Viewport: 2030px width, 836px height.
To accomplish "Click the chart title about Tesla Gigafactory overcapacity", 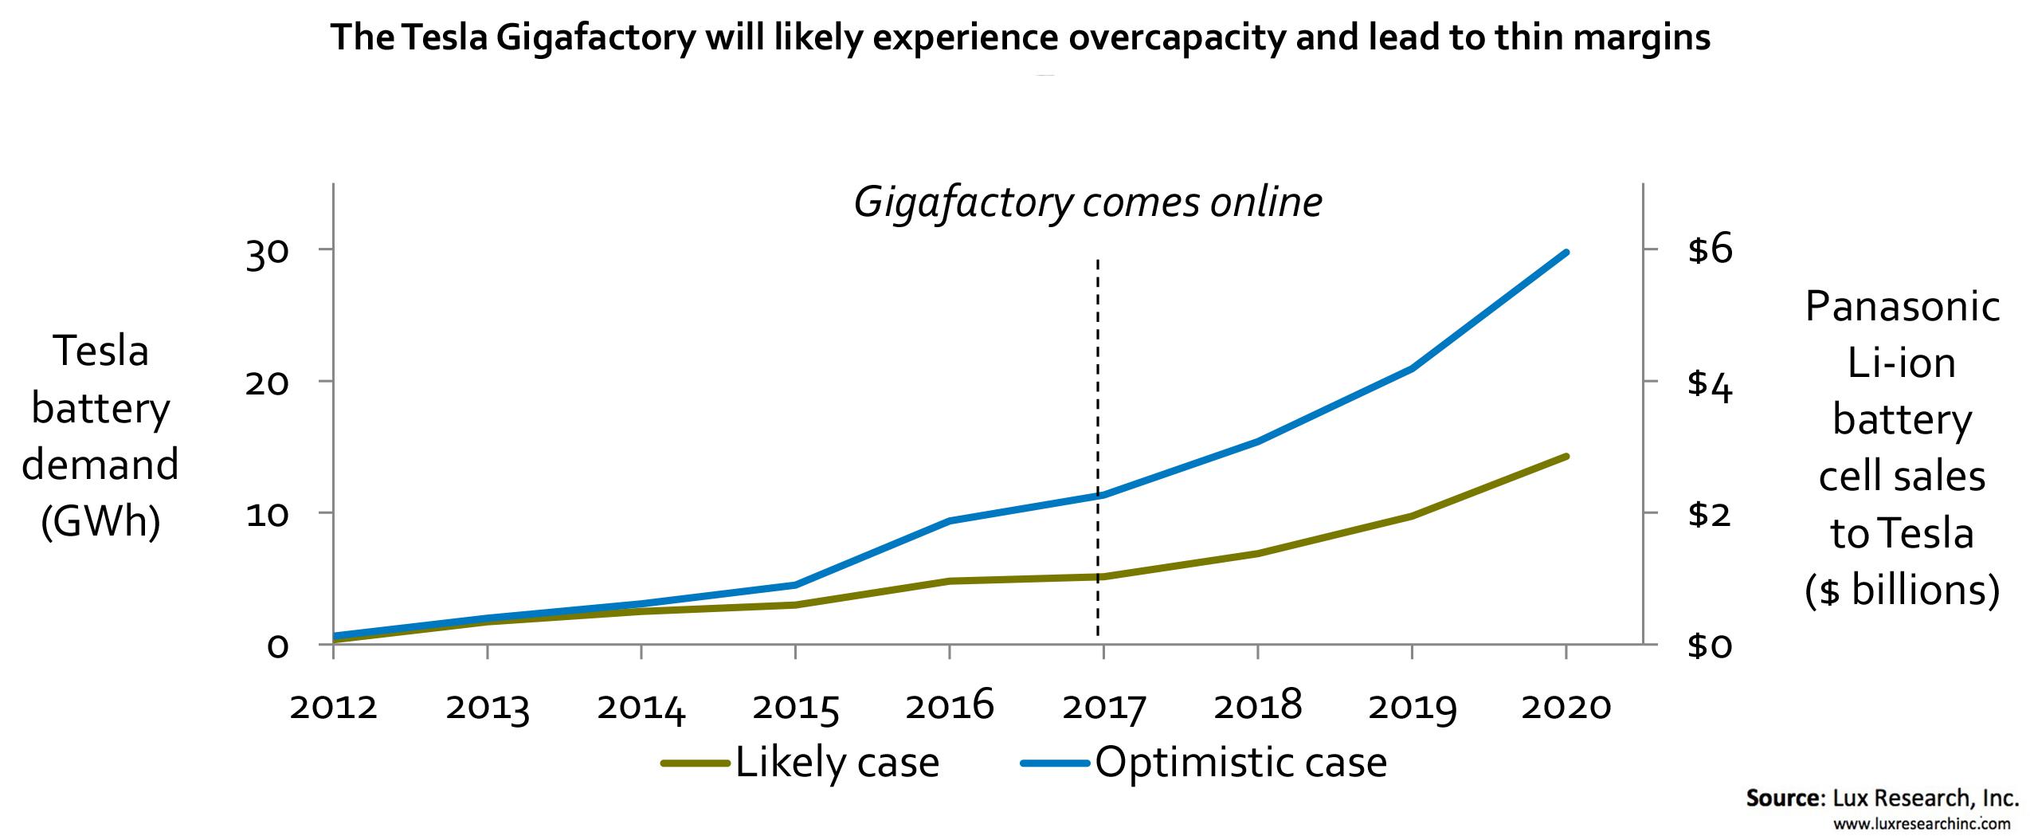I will click(x=1021, y=37).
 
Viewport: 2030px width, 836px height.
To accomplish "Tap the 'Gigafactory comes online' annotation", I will click(x=1088, y=202).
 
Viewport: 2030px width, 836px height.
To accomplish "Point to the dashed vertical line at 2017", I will click(x=1098, y=398).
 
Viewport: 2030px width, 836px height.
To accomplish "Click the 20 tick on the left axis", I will click(x=266, y=383).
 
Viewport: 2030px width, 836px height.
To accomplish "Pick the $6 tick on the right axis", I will click(x=1710, y=250).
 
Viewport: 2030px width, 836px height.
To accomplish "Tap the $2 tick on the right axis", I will click(x=1710, y=514).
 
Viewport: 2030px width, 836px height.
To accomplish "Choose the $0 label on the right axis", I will click(x=1710, y=646).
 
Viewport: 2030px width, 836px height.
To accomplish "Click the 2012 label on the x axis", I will click(x=333, y=707).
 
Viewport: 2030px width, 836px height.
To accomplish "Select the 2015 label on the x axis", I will click(x=796, y=707).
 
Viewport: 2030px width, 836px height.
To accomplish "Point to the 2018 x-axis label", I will click(x=1257, y=707).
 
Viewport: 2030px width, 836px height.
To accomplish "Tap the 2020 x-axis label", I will click(x=1566, y=707).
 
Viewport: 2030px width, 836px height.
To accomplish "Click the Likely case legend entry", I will click(x=801, y=763).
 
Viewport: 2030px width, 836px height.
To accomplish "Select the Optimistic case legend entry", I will click(x=1205, y=763).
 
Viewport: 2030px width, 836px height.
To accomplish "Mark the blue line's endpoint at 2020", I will click(x=1566, y=253).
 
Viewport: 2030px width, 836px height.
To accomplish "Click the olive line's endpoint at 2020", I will click(x=1566, y=457).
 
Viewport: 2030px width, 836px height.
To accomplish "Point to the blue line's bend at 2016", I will click(x=950, y=521).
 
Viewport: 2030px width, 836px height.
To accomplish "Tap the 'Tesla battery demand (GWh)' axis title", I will click(x=100, y=436).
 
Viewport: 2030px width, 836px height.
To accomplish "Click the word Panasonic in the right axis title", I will click(x=1902, y=307).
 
